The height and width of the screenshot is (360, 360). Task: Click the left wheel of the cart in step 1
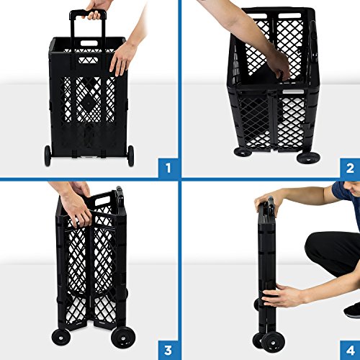[48, 153]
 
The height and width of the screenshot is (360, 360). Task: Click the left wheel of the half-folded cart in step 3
[60, 336]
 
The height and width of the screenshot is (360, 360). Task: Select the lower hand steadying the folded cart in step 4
[283, 296]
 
